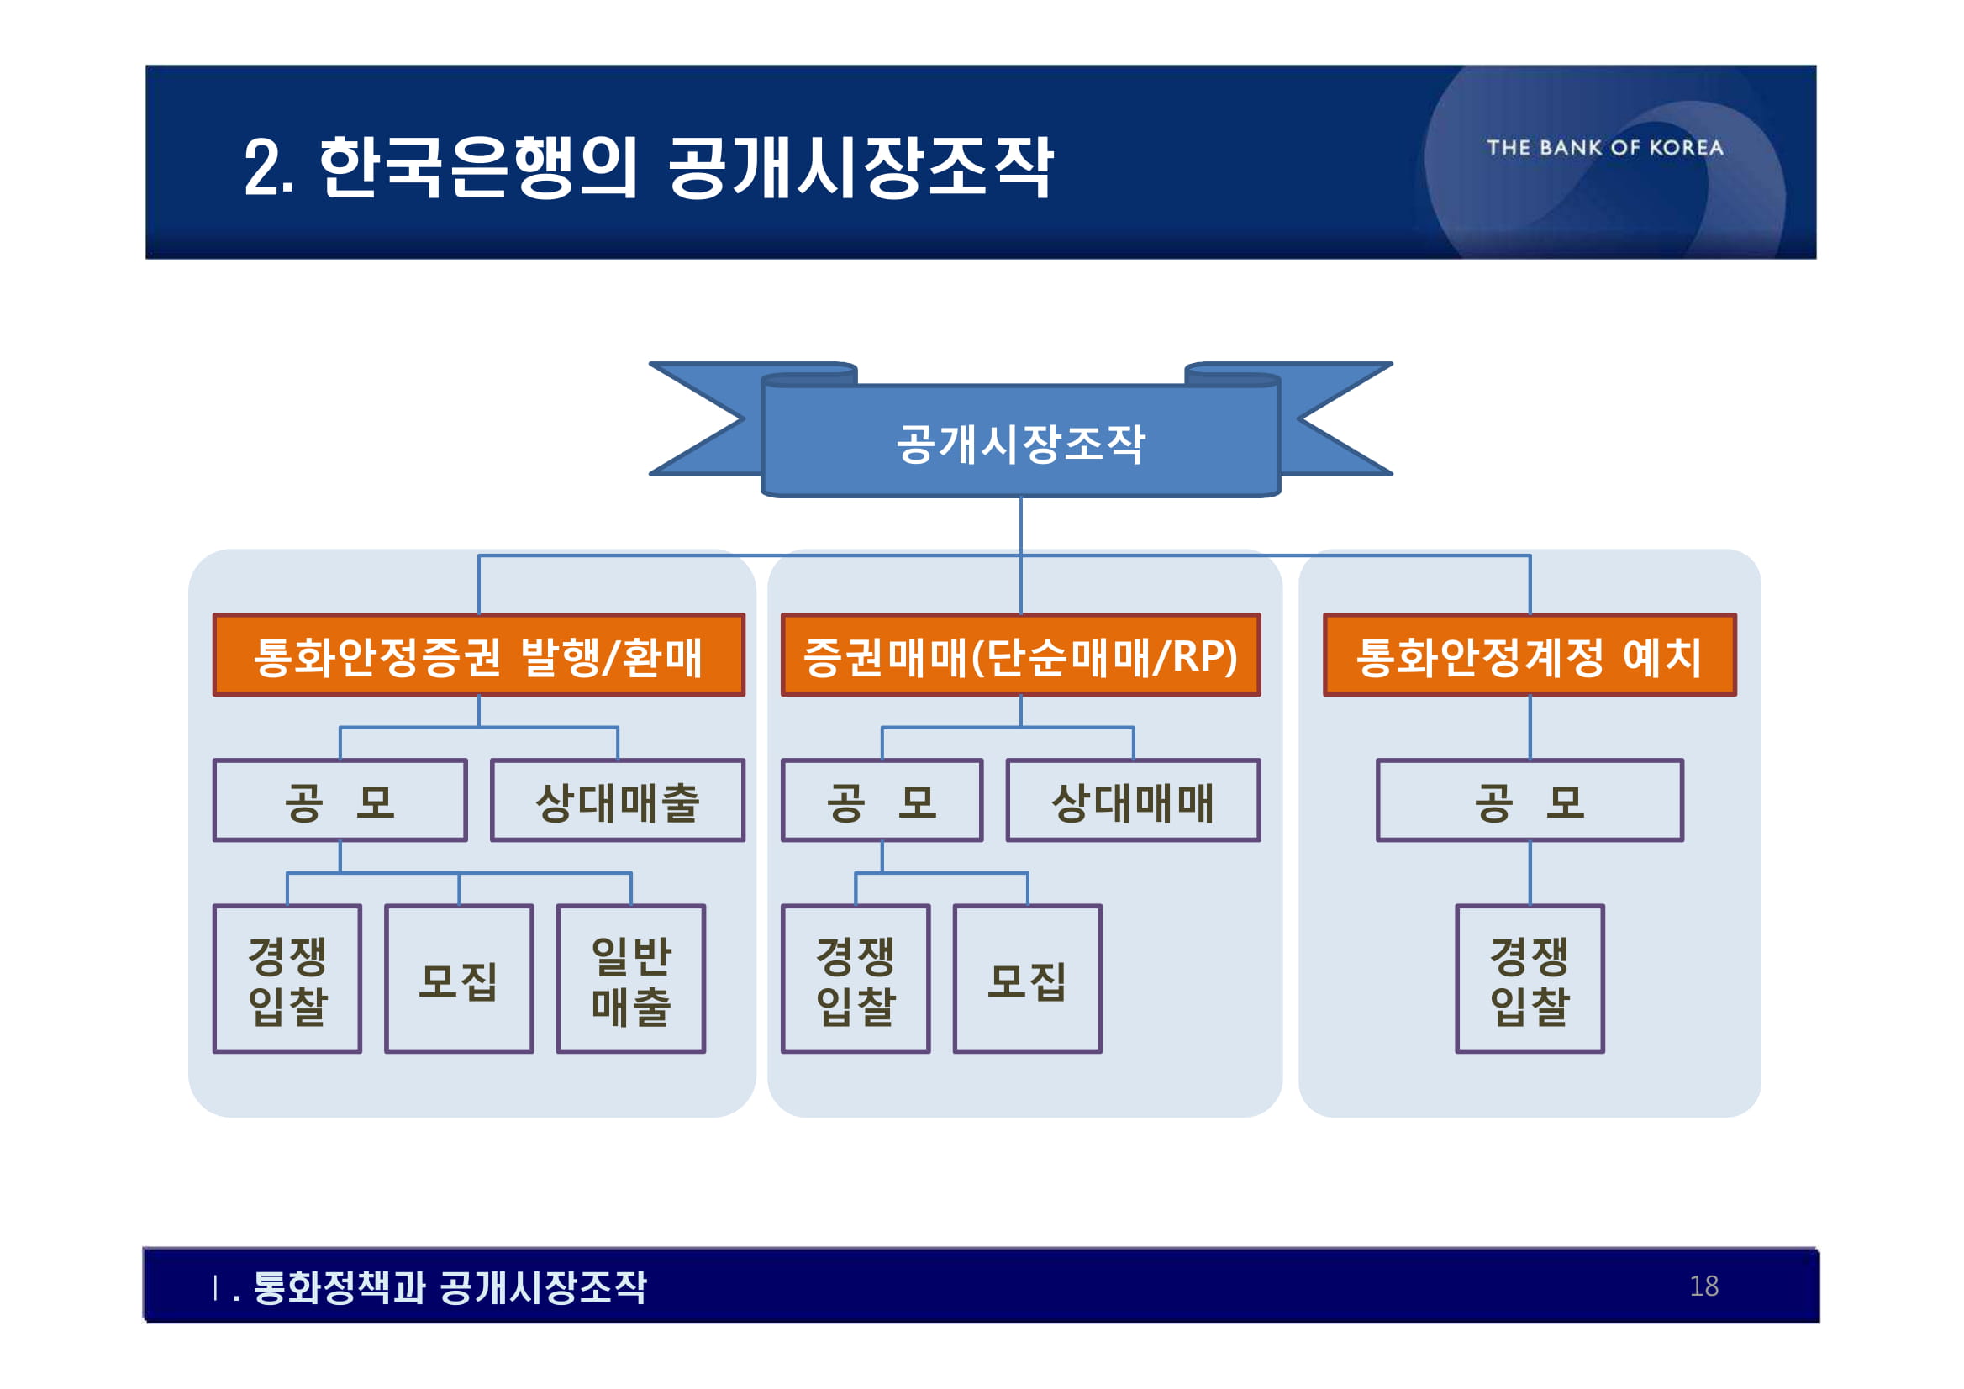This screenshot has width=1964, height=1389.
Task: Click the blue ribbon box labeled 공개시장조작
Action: click(1019, 443)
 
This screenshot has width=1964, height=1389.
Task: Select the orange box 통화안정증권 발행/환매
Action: click(478, 655)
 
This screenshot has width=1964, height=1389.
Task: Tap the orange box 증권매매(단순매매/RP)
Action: click(1020, 655)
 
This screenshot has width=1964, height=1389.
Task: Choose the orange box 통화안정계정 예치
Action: click(1530, 655)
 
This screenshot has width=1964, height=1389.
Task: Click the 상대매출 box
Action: click(618, 801)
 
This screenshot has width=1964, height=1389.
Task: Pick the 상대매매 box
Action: click(1133, 801)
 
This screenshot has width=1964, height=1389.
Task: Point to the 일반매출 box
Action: click(631, 979)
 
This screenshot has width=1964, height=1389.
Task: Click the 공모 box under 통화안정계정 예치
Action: click(1530, 801)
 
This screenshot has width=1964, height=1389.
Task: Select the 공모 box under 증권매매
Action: click(882, 801)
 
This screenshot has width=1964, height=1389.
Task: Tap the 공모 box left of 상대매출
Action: click(340, 801)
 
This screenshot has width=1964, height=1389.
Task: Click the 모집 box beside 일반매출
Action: click(459, 979)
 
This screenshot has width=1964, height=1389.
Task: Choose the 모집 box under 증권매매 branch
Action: click(1027, 979)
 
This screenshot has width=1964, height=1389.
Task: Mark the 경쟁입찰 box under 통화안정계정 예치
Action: click(1530, 979)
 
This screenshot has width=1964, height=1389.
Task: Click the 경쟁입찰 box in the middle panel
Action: click(856, 979)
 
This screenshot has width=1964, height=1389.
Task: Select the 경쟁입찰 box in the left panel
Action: click(287, 979)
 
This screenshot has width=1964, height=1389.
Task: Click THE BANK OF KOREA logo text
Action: click(1605, 148)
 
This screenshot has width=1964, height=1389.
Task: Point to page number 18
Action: click(1704, 1286)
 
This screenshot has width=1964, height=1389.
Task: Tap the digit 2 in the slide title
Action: click(262, 169)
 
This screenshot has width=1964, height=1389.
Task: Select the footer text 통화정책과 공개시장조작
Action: click(450, 1287)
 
